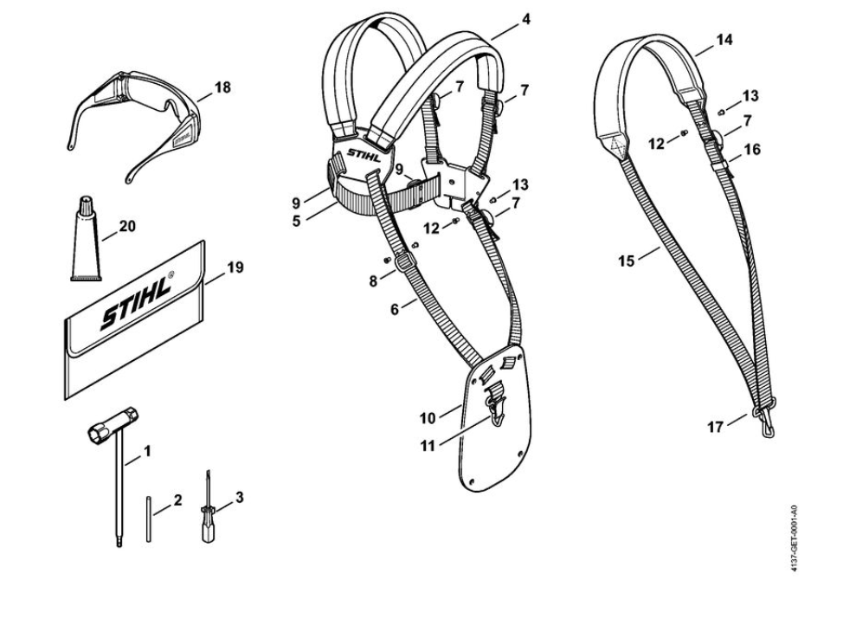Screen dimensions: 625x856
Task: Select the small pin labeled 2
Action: (149, 519)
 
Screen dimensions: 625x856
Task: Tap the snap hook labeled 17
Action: (766, 425)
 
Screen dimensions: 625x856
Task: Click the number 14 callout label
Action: (725, 40)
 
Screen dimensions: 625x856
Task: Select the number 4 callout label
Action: (526, 18)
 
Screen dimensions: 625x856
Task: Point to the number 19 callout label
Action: (235, 267)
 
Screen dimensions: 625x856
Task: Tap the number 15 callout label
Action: (627, 259)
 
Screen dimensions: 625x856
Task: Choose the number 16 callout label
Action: (752, 149)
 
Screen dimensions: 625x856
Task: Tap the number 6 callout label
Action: (395, 308)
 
